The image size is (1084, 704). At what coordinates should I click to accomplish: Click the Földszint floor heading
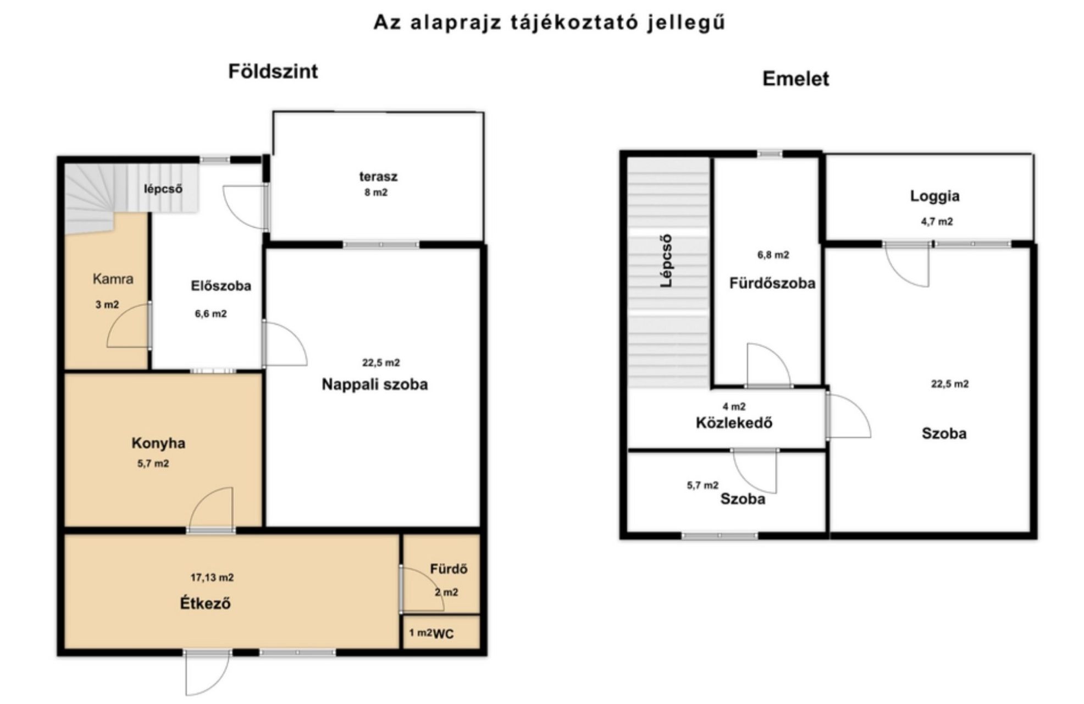[273, 72]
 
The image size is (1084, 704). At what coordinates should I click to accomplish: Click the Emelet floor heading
[795, 79]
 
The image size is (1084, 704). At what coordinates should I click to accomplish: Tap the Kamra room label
[113, 279]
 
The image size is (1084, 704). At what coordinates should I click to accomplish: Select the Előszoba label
[221, 285]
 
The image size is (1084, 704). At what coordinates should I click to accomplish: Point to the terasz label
[378, 177]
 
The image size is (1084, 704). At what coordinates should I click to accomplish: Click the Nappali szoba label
[374, 384]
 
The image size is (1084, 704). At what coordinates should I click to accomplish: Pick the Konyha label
[158, 443]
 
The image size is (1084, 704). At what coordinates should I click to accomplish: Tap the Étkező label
[205, 603]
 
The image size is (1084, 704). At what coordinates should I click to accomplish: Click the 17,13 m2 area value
[212, 577]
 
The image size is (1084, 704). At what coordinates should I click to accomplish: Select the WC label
[444, 634]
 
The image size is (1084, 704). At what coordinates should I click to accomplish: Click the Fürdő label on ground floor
[449, 569]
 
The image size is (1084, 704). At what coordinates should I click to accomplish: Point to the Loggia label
[934, 196]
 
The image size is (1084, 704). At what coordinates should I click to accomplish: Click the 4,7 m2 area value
[937, 222]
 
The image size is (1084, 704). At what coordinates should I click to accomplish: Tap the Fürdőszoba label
[772, 283]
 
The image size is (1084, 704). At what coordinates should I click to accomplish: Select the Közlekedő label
[734, 423]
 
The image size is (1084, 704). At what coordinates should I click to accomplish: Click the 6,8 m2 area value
[773, 255]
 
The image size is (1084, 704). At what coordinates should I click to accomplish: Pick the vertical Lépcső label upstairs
[666, 261]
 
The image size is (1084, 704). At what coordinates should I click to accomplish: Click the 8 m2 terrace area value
[376, 193]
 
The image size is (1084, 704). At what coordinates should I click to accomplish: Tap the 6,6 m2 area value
[211, 314]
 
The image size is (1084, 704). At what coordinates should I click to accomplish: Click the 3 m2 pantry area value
[107, 305]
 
